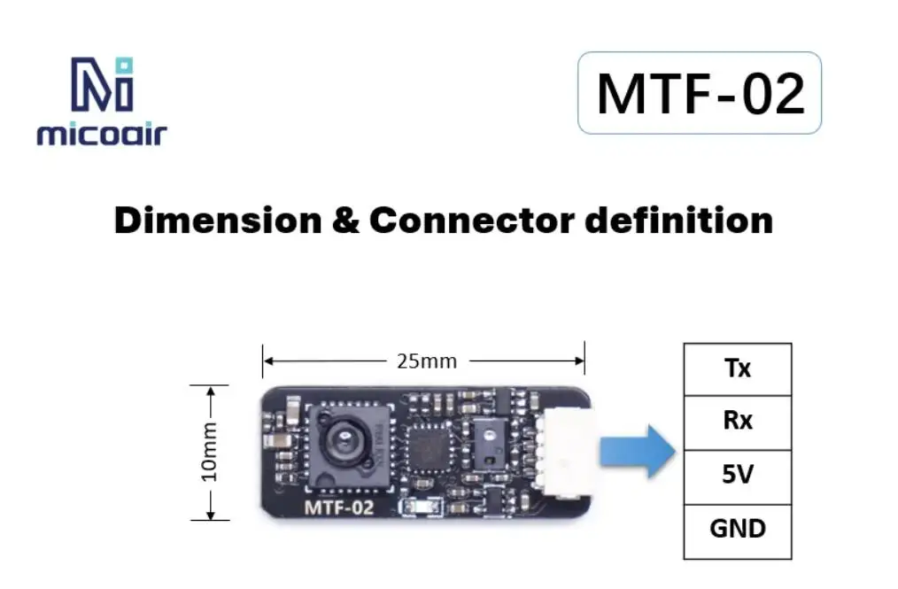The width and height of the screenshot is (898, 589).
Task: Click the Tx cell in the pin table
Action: [x=738, y=368]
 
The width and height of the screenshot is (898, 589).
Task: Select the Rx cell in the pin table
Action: [x=738, y=421]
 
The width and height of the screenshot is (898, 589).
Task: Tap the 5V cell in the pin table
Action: [x=738, y=475]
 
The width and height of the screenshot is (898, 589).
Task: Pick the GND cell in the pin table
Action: [x=738, y=529]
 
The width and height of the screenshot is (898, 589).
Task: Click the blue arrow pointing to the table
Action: [x=637, y=451]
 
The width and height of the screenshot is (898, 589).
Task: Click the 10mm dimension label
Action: [x=210, y=452]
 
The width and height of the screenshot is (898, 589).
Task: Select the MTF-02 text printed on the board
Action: [x=339, y=508]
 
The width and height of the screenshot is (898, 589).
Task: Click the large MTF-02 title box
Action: [x=700, y=93]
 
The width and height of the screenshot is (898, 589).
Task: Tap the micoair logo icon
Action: [x=101, y=84]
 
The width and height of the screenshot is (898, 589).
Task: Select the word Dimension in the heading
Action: [x=217, y=220]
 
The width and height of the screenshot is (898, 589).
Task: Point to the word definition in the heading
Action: [x=679, y=220]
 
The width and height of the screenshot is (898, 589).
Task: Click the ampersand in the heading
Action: [x=344, y=220]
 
